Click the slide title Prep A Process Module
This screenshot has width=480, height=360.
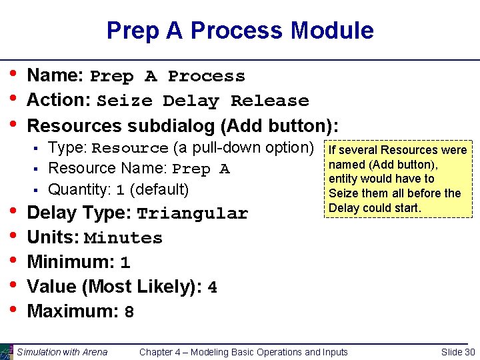pos(239,31)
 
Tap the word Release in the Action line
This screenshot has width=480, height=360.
pos(269,101)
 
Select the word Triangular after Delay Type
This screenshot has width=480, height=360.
pos(192,214)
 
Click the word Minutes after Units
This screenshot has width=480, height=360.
pos(123,239)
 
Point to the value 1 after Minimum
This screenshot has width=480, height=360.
pos(125,263)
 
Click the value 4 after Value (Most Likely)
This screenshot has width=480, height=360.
pos(213,288)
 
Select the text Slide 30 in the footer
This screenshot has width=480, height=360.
pos(458,352)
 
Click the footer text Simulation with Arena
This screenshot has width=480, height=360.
pos(62,352)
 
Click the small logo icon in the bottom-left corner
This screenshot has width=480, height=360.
pos(7,351)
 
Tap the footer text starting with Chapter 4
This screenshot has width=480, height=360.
pos(243,352)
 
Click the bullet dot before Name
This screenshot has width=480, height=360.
pos(13,75)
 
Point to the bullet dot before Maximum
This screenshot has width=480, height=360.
pos(13,310)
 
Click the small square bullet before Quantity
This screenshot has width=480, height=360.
pos(39,191)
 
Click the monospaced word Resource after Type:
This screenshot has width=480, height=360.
pos(130,149)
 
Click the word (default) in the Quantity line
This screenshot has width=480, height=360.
pos(160,189)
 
